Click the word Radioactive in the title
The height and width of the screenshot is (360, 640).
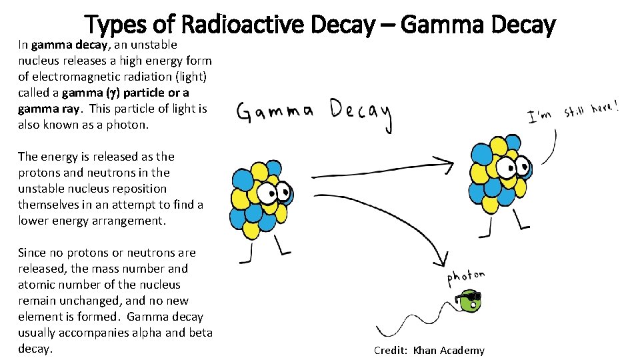[245, 25]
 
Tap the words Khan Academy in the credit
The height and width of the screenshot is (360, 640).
[449, 351]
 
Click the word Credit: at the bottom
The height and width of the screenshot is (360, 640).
[391, 351]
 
